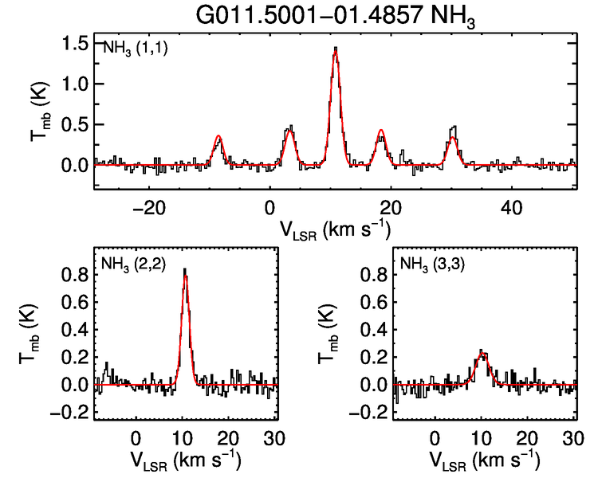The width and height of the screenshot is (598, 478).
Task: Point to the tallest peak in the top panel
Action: (x=336, y=49)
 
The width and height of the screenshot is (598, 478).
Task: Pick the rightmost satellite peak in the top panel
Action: (x=453, y=128)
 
